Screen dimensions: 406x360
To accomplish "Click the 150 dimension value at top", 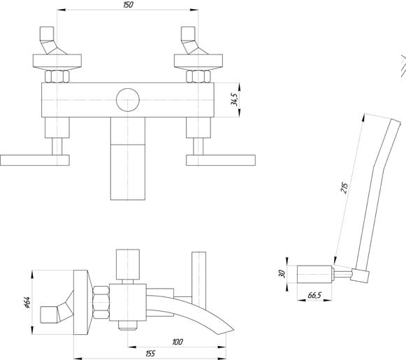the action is (x=128, y=5).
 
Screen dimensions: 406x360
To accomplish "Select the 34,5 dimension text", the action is (x=234, y=99).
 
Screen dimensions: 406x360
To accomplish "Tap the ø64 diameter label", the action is (x=27, y=302).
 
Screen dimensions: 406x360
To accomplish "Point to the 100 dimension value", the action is (x=177, y=342).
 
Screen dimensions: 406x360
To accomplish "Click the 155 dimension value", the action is (x=150, y=353).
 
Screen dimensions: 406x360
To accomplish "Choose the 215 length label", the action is (x=344, y=188).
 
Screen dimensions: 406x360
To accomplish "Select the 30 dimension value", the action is (x=282, y=274).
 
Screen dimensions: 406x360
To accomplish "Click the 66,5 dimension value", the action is (x=314, y=295).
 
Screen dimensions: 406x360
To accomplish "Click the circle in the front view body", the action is (x=128, y=100).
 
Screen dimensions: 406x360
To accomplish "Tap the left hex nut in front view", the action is (x=57, y=76).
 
